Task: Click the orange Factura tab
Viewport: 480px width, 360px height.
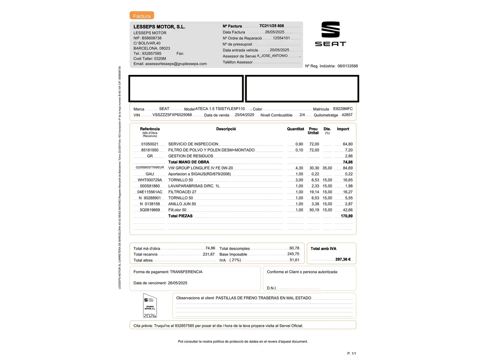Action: point(142,16)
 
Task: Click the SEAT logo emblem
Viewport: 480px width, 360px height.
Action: point(330,30)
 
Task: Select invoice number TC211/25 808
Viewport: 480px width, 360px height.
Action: point(272,26)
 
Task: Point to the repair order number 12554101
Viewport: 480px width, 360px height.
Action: point(281,38)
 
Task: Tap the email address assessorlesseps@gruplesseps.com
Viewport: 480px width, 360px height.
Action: point(176,64)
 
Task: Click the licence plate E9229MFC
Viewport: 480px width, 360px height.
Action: point(343,109)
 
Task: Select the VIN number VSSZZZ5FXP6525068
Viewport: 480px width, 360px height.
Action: point(172,115)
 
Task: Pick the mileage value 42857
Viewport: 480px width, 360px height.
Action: point(347,115)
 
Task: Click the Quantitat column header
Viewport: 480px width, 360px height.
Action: point(295,129)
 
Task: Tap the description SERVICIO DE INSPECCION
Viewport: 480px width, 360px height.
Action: point(194,144)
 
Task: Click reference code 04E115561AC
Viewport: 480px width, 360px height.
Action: point(150,192)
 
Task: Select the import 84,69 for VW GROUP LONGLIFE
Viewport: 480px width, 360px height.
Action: point(348,168)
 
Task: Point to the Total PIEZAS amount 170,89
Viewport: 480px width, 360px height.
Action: point(347,216)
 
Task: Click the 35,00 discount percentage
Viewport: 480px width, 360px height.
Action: point(327,168)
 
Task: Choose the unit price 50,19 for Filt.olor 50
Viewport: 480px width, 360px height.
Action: point(314,210)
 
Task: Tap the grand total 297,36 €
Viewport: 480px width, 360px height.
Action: point(343,259)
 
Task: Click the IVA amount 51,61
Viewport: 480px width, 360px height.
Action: point(294,260)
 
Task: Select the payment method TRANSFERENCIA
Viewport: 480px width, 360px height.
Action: point(186,272)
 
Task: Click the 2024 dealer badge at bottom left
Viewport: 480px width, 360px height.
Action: point(150,305)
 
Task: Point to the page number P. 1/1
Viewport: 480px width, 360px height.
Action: point(352,353)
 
